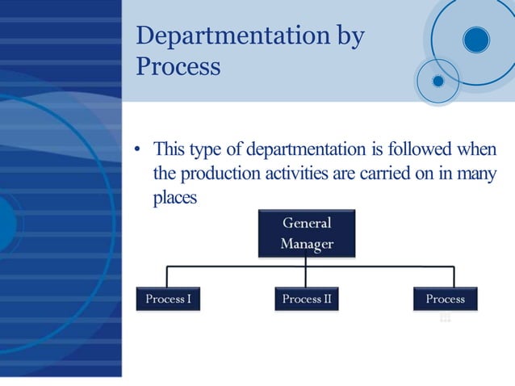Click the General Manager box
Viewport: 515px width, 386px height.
point(306,233)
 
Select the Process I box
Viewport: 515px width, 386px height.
point(168,299)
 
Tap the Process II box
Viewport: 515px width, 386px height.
point(306,299)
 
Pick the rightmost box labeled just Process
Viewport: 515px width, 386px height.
point(445,299)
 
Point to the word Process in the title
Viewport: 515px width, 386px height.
point(178,66)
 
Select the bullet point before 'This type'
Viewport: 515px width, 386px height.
point(138,150)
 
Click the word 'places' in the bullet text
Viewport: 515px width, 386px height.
point(175,198)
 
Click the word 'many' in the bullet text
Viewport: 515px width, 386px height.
point(477,174)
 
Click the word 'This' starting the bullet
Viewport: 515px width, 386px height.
point(170,149)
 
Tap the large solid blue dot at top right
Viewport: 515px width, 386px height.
point(476,40)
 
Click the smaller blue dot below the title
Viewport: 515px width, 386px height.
point(438,81)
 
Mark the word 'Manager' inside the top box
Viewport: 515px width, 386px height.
point(306,243)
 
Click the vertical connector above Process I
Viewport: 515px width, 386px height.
point(168,275)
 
